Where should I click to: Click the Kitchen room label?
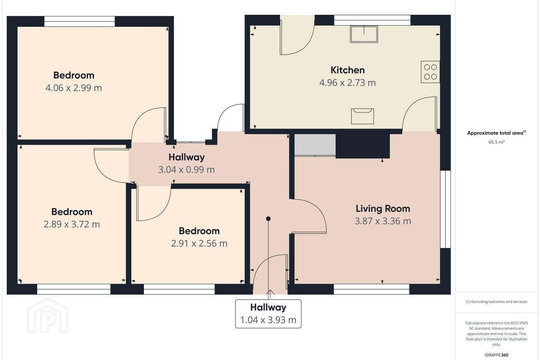(347, 70)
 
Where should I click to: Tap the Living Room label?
(383, 208)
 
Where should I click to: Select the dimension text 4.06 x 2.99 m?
(74, 88)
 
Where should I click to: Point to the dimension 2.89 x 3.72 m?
(72, 224)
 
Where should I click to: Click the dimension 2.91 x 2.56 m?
(199, 243)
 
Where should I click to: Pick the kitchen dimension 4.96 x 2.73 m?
(347, 83)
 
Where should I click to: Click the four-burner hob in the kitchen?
(430, 72)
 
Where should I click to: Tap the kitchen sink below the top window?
(364, 34)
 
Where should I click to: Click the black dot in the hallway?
(268, 219)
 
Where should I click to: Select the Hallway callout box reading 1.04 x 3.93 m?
(268, 314)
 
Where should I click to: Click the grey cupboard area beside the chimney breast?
(315, 145)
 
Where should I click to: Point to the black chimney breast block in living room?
(363, 146)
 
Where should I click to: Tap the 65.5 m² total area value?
(496, 142)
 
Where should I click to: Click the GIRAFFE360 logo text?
(496, 355)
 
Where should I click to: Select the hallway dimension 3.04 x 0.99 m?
(186, 169)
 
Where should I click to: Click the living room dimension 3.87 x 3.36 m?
(383, 221)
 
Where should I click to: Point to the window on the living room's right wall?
(445, 209)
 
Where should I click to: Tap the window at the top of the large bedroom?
(79, 21)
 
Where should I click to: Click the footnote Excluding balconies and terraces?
(496, 301)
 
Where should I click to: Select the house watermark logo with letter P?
(48, 315)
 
